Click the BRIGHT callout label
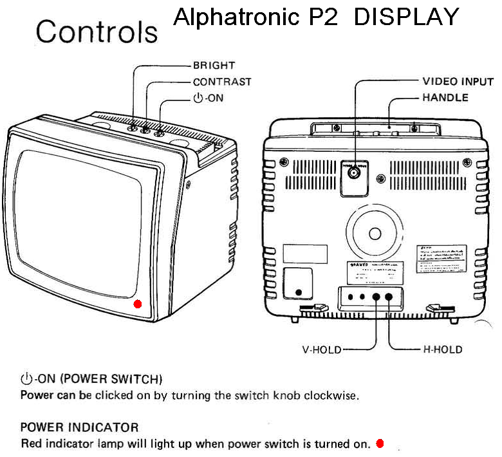[214, 66]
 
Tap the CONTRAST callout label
[222, 82]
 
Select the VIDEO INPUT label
[458, 82]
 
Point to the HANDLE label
[445, 98]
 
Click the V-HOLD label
[321, 350]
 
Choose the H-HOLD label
[442, 350]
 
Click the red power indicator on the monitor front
[137, 304]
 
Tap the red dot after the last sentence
[380, 443]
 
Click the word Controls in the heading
[97, 31]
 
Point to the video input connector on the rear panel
[353, 173]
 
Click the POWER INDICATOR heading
[79, 427]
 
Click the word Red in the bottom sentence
[30, 443]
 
